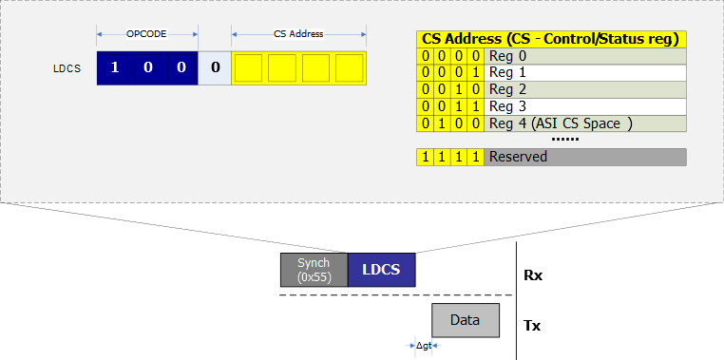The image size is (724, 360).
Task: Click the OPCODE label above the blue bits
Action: coord(146,34)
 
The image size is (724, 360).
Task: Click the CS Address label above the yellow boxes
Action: coord(298,34)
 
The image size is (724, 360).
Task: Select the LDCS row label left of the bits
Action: coord(67,68)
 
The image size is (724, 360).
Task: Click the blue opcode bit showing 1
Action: coord(114,68)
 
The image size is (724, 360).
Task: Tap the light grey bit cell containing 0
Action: coord(215,68)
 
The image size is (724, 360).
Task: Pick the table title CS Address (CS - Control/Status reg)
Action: coord(551,39)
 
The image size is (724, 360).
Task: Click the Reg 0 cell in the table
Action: coord(585,56)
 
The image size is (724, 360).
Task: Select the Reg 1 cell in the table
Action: coord(585,73)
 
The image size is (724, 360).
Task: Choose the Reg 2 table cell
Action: coord(585,90)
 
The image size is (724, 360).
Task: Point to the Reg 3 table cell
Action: coord(585,106)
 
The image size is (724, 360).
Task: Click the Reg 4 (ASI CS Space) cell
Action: coord(585,123)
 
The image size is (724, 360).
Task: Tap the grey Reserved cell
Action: coord(585,157)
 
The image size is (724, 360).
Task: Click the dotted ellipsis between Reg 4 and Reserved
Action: coord(565,139)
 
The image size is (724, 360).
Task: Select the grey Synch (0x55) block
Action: coord(314,270)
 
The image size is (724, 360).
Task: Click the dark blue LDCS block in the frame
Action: coord(382,270)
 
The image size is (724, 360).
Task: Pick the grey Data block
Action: coord(465,320)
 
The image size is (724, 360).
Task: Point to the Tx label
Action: coord(533,325)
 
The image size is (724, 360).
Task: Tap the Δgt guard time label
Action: coord(424,346)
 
